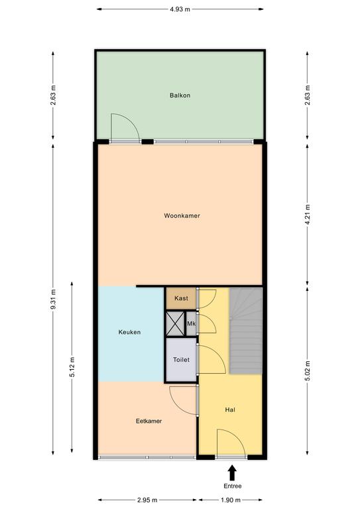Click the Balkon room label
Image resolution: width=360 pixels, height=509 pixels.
point(180,95)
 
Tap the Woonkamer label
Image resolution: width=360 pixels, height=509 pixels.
point(182,215)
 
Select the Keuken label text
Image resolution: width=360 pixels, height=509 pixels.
point(129,332)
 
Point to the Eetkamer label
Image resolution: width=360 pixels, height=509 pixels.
point(149,421)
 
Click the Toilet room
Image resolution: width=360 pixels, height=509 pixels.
point(181,360)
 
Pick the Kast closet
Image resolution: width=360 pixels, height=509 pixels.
point(181,298)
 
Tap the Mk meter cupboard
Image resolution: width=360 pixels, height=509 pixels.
point(191,323)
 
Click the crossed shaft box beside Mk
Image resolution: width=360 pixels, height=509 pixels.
point(175,323)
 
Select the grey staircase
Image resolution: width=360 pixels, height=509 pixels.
point(246,331)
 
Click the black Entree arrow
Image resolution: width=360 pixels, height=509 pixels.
point(232,473)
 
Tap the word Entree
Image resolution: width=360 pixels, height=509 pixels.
point(233,486)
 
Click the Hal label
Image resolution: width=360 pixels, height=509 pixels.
point(230,410)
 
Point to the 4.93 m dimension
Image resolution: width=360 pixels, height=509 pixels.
point(180,9)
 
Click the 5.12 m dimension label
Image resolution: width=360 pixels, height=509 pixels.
point(72,367)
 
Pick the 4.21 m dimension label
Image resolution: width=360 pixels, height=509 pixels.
point(308,216)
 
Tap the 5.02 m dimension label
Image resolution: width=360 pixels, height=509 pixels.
point(308,370)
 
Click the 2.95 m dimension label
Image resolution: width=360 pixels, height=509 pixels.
point(147,500)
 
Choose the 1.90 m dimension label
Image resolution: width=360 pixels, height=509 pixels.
point(231,500)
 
